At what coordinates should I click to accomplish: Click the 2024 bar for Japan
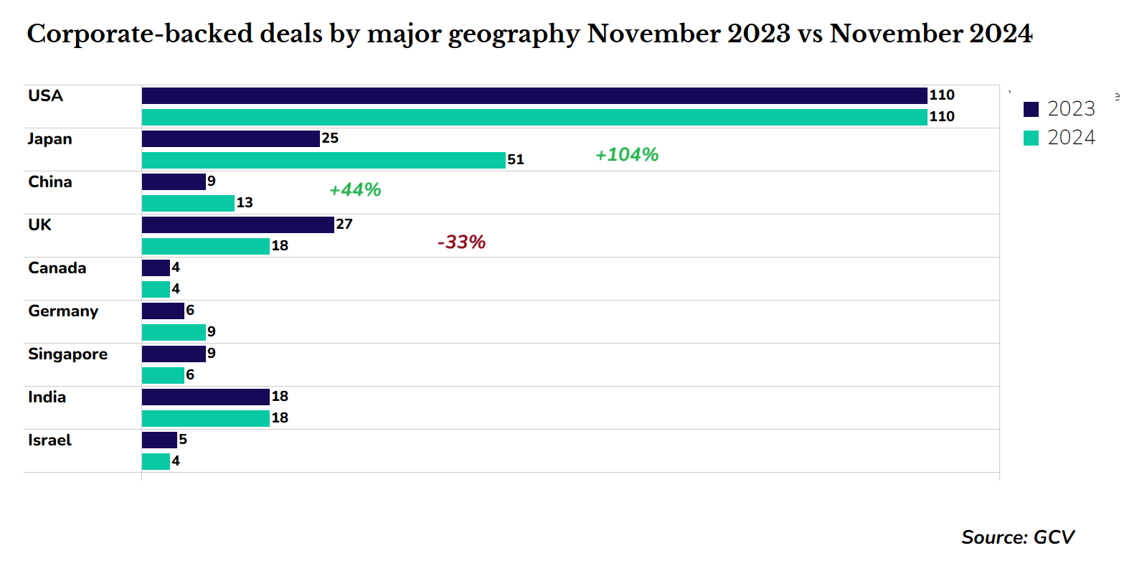(x=324, y=160)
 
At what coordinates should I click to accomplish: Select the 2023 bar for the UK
(x=238, y=225)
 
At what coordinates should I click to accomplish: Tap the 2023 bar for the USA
(x=534, y=95)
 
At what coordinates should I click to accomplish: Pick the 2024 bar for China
(x=188, y=203)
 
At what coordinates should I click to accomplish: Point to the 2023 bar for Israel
(x=159, y=440)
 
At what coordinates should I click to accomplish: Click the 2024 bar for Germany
(x=174, y=332)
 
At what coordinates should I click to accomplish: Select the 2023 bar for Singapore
(x=174, y=354)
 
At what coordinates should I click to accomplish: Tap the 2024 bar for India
(x=206, y=418)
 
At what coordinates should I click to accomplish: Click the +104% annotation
(x=627, y=155)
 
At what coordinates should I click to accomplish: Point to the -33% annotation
(x=461, y=242)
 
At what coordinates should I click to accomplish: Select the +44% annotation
(x=355, y=190)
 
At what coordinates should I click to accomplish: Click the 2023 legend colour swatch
(x=1031, y=109)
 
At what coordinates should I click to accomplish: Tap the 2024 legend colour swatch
(x=1031, y=138)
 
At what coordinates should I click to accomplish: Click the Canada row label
(x=57, y=268)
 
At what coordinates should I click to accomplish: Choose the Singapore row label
(x=67, y=354)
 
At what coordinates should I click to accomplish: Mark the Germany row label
(x=63, y=311)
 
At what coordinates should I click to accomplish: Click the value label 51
(x=516, y=160)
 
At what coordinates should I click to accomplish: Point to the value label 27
(x=344, y=225)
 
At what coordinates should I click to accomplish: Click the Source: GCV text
(x=1018, y=537)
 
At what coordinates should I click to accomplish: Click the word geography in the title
(x=514, y=34)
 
